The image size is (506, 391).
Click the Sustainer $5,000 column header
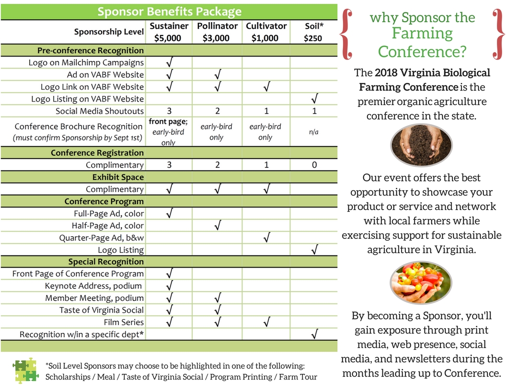[169, 32]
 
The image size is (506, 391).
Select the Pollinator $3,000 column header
[217, 32]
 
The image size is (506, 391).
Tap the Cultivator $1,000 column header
[266, 32]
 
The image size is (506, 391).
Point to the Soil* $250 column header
[314, 32]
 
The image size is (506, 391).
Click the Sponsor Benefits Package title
[169, 11]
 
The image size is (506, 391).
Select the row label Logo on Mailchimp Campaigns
[86, 63]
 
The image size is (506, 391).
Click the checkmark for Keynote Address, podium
[169, 286]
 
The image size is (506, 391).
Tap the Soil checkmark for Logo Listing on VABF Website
[314, 99]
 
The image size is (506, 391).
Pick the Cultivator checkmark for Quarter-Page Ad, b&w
[266, 238]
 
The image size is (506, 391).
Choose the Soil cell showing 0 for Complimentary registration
[314, 165]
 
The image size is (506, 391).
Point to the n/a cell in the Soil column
[314, 132]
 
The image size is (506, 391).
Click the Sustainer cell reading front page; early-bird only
[169, 132]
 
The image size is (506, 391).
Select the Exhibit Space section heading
[118, 177]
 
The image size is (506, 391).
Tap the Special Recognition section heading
[105, 262]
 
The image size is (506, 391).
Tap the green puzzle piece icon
[25, 370]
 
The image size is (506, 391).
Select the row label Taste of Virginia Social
[101, 310]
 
